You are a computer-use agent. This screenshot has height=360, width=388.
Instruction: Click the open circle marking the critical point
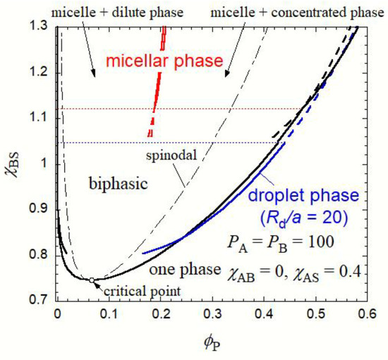tap(92, 280)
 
